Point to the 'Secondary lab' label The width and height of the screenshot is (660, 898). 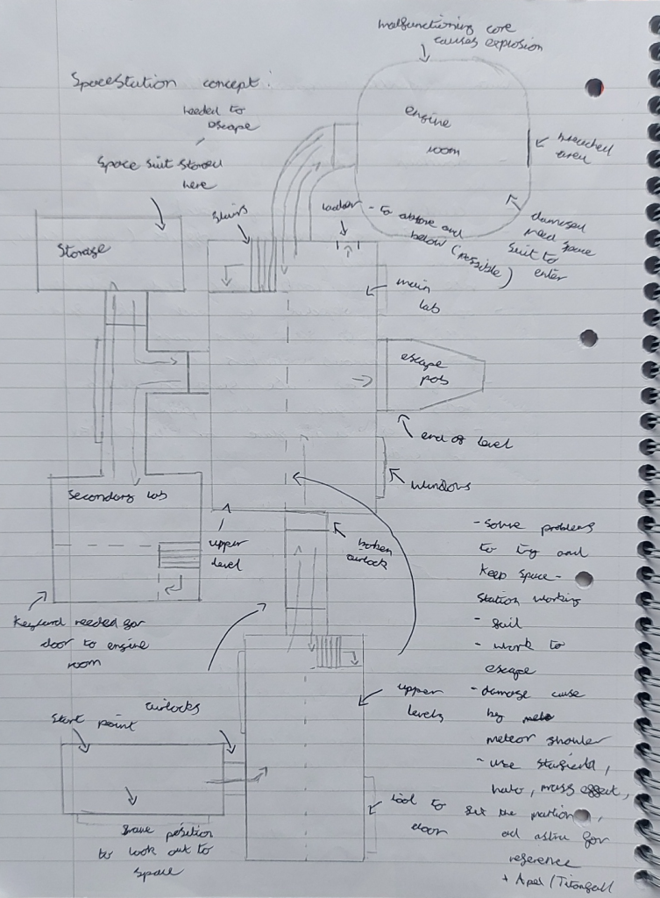(117, 495)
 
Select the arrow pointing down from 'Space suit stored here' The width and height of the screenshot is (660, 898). (159, 213)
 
